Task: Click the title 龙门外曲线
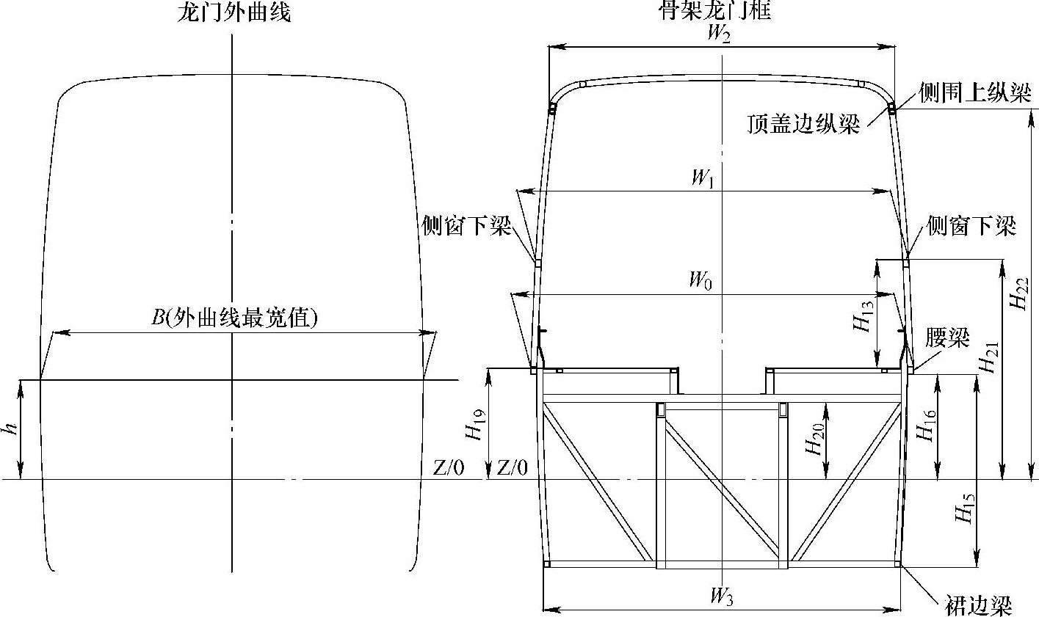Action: coord(234,12)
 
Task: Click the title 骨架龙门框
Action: coord(716,10)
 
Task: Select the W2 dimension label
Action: coord(718,34)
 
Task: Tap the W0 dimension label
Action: coord(700,280)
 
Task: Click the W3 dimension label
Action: coord(722,596)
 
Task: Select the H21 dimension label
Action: coord(991,356)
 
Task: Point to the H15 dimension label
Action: coord(966,506)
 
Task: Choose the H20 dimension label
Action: coord(814,439)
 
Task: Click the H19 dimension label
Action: coord(476,424)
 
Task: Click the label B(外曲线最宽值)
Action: coord(233,318)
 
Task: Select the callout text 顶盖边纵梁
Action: coord(803,125)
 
